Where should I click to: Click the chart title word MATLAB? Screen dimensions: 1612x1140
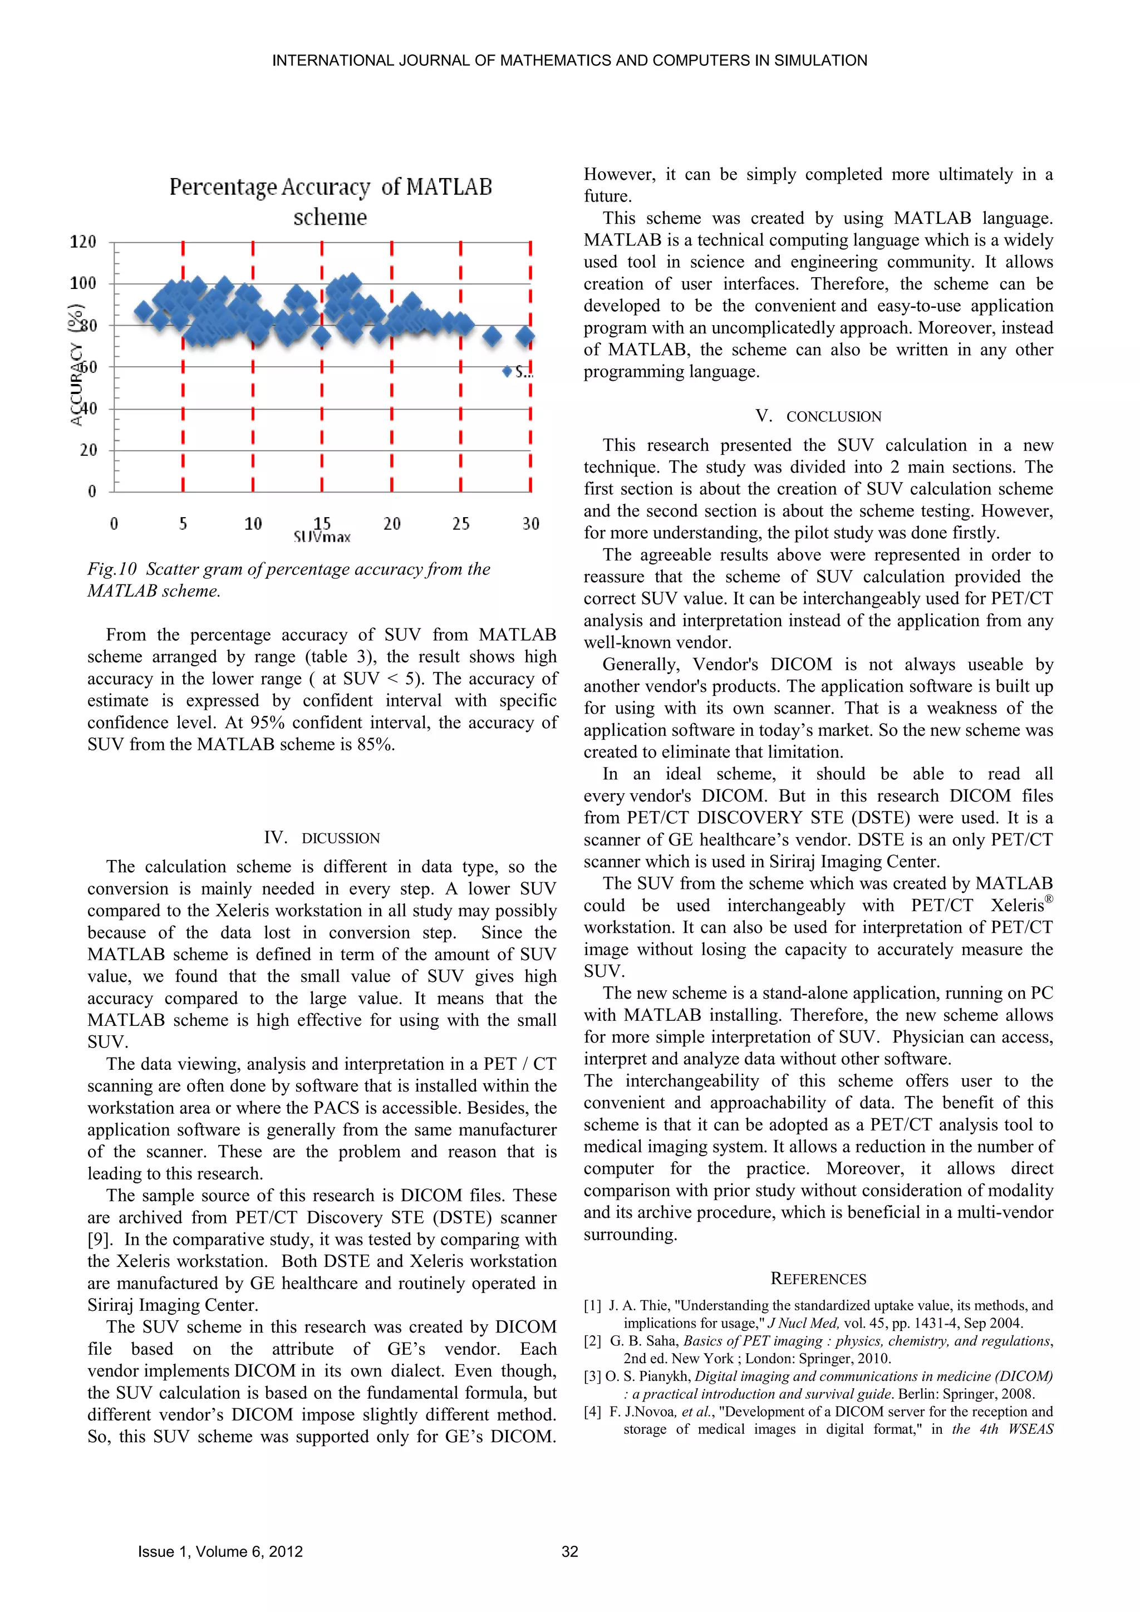(x=449, y=188)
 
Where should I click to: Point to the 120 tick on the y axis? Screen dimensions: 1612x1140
(x=83, y=242)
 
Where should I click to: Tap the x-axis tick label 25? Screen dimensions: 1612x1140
(x=460, y=524)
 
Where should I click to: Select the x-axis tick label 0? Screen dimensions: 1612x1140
(x=114, y=524)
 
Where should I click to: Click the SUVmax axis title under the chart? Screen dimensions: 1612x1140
(x=322, y=538)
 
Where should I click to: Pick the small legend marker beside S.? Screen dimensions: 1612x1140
(x=507, y=371)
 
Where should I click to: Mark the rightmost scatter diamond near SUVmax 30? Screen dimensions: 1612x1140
(x=525, y=337)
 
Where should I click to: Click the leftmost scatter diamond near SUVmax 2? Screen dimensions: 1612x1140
(x=143, y=312)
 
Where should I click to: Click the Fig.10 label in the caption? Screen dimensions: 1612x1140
(x=112, y=569)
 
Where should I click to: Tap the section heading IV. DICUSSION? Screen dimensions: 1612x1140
(x=322, y=838)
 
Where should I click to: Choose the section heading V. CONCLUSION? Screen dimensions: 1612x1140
(x=818, y=416)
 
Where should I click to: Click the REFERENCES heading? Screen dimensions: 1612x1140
(x=818, y=1279)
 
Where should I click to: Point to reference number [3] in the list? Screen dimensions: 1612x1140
(x=593, y=1376)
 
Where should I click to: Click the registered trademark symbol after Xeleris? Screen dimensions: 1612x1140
(x=1049, y=900)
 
